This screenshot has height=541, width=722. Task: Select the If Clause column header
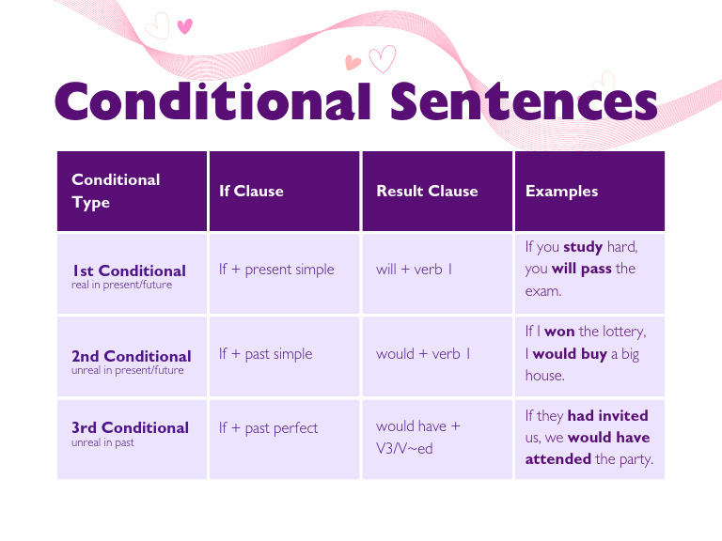[x=251, y=191]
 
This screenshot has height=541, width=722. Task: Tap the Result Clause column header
[x=427, y=191]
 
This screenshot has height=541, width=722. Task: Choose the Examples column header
[x=561, y=191]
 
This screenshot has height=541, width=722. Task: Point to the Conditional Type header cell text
[x=116, y=191]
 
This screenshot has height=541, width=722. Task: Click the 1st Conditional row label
[x=129, y=270]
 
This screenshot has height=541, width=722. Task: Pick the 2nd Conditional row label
[x=131, y=356]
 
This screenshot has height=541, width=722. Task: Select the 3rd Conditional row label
[x=130, y=427]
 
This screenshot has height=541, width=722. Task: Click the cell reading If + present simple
[x=276, y=270]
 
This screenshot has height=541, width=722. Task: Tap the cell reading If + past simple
[x=265, y=354]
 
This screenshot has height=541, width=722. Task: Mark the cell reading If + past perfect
[x=268, y=428]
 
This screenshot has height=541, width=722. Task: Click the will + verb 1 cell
[x=415, y=270]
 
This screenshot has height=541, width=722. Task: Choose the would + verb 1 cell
[x=424, y=354]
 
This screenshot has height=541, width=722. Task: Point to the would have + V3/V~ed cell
[x=418, y=437]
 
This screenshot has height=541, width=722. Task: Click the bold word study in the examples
[x=583, y=247]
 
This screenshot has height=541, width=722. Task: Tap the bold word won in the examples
[x=559, y=332]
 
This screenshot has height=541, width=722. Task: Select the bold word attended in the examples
[x=557, y=459]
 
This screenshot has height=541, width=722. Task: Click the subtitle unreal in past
[x=102, y=442]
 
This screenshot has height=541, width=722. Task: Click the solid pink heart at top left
[x=184, y=26]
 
